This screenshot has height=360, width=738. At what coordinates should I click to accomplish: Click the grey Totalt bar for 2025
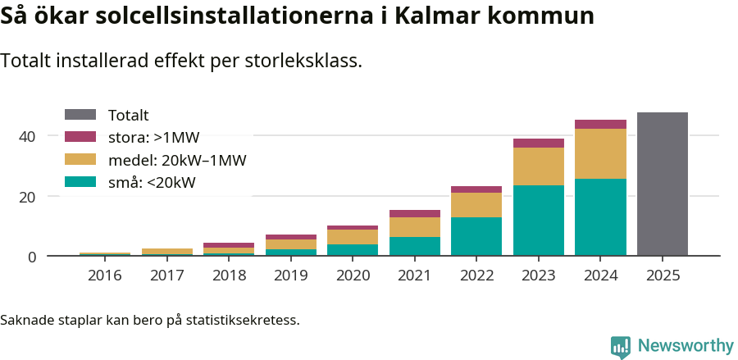(x=662, y=185)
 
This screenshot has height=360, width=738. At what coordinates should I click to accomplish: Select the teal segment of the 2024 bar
(x=600, y=217)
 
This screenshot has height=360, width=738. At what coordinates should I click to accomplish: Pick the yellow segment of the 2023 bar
(x=539, y=166)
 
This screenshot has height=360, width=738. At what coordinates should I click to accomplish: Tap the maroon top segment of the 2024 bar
(x=600, y=125)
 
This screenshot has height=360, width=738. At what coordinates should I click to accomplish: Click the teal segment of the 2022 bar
(x=476, y=236)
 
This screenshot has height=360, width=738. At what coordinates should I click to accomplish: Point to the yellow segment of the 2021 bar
(x=415, y=227)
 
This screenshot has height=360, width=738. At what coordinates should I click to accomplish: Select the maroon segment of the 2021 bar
(x=415, y=213)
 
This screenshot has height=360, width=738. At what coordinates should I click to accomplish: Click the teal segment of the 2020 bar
(x=353, y=250)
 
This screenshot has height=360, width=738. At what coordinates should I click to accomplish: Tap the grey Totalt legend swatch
(x=80, y=116)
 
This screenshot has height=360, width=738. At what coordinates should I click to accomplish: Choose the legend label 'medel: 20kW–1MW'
(x=177, y=160)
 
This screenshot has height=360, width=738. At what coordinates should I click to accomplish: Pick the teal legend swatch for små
(x=80, y=182)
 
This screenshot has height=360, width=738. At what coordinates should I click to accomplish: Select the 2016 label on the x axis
(x=104, y=276)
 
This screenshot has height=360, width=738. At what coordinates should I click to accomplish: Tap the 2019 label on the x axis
(x=291, y=276)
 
